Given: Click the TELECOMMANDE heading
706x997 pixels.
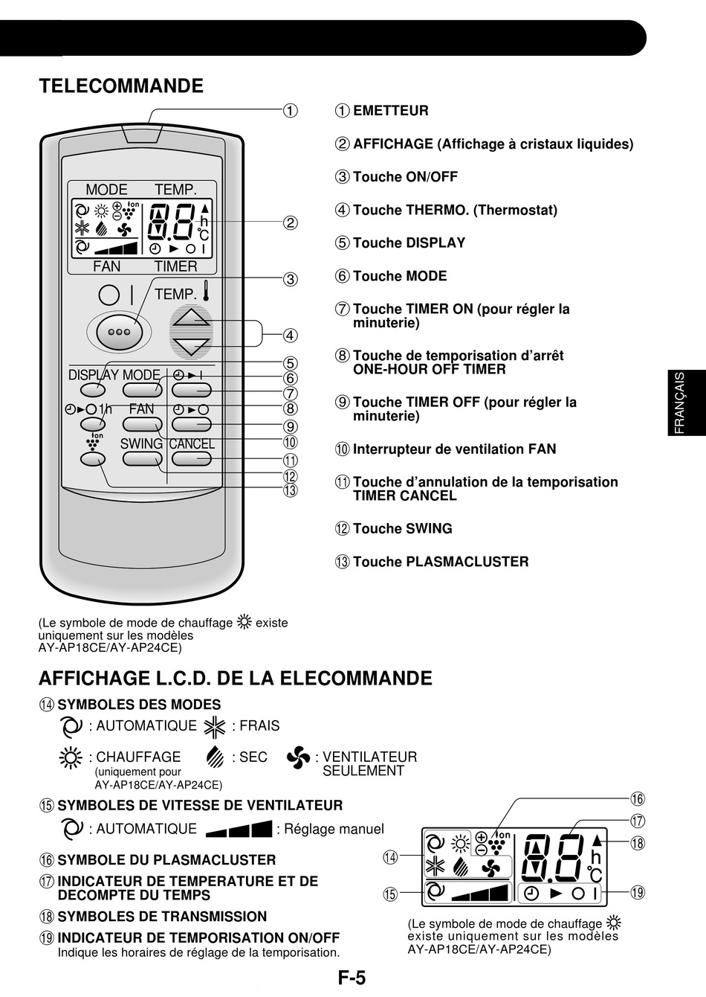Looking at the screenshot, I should [121, 86].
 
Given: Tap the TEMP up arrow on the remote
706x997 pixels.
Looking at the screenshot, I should [192, 317].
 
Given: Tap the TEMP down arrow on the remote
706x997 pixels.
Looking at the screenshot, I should [192, 346].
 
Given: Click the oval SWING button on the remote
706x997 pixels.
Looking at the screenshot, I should [142, 458].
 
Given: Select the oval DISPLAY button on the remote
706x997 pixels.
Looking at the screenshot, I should [93, 389].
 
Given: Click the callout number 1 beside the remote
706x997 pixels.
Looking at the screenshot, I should [290, 111].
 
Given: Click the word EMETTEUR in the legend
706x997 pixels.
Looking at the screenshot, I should [391, 111].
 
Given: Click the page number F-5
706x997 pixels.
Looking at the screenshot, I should [352, 978].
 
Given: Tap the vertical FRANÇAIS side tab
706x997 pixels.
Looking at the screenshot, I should [680, 403].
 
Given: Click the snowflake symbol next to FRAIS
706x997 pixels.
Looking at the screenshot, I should [214, 726].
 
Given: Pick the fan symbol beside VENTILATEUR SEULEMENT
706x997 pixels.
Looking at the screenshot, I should [298, 758].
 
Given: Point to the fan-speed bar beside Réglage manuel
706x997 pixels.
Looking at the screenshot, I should [239, 829].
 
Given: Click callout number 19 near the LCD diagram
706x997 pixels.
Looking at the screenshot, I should [638, 892].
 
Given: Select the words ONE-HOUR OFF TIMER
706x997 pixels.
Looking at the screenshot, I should [429, 370].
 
